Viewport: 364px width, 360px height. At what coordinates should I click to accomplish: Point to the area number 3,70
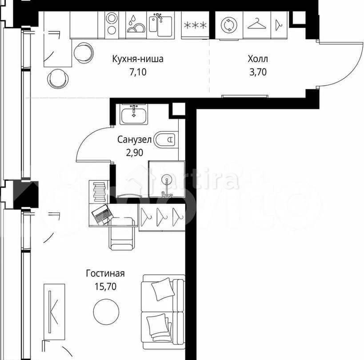[x=258, y=72]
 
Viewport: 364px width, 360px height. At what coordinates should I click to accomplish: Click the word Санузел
[x=135, y=140]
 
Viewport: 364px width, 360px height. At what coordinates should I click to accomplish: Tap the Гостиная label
[x=105, y=274]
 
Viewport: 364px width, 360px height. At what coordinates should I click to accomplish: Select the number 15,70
[x=105, y=287]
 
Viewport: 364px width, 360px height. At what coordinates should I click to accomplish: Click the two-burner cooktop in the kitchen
[x=112, y=24]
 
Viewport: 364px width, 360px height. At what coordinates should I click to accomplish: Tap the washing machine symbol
[x=229, y=24]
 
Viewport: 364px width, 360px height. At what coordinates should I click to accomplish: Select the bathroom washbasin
[x=133, y=115]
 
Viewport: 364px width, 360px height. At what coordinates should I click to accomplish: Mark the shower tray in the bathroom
[x=166, y=179]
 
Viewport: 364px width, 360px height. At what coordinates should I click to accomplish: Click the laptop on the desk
[x=103, y=215]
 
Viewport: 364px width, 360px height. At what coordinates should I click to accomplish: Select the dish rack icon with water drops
[x=135, y=24]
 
